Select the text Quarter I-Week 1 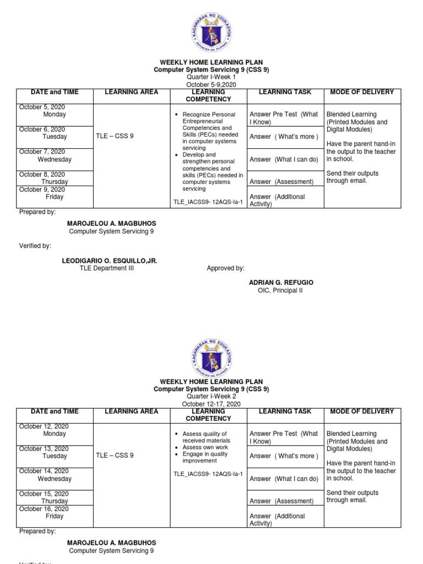[x=211, y=78]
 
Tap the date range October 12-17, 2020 [x=211, y=404]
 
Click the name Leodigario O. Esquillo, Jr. [x=112, y=261]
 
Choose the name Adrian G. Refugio [x=281, y=283]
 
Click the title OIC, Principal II [x=280, y=290]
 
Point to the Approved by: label [x=225, y=268]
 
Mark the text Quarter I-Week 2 [x=211, y=397]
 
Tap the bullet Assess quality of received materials [x=206, y=437]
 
